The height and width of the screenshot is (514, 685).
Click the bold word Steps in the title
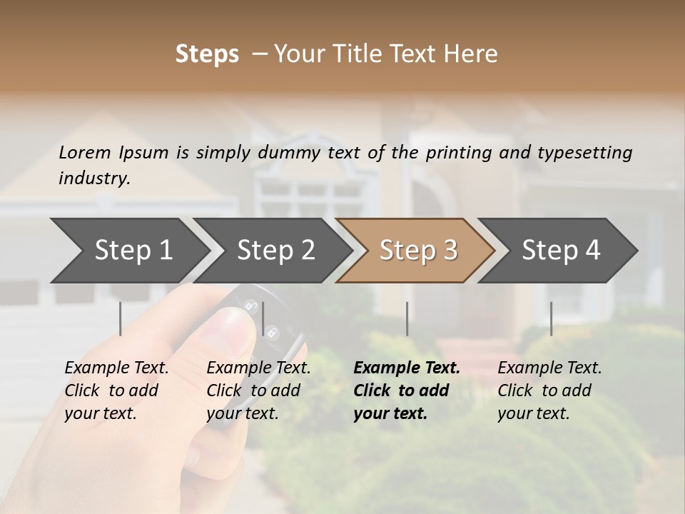pyautogui.click(x=207, y=54)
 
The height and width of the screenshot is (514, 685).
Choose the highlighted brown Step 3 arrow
pyautogui.click(x=418, y=251)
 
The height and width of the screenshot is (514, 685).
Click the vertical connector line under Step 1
pyautogui.click(x=121, y=318)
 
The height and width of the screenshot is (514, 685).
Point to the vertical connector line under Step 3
pyautogui.click(x=407, y=318)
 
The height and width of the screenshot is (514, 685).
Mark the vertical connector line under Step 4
pyautogui.click(x=551, y=318)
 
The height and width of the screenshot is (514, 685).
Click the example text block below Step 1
pyautogui.click(x=116, y=390)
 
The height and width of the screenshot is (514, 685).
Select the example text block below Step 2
pyautogui.click(x=258, y=390)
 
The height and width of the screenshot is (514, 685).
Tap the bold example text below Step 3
pyautogui.click(x=407, y=390)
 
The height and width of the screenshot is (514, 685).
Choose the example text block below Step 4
pyautogui.click(x=549, y=390)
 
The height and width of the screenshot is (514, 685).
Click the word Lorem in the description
pyautogui.click(x=85, y=152)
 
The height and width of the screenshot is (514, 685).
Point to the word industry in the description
pyautogui.click(x=94, y=178)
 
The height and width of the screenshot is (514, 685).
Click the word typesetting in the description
pyautogui.click(x=584, y=152)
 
